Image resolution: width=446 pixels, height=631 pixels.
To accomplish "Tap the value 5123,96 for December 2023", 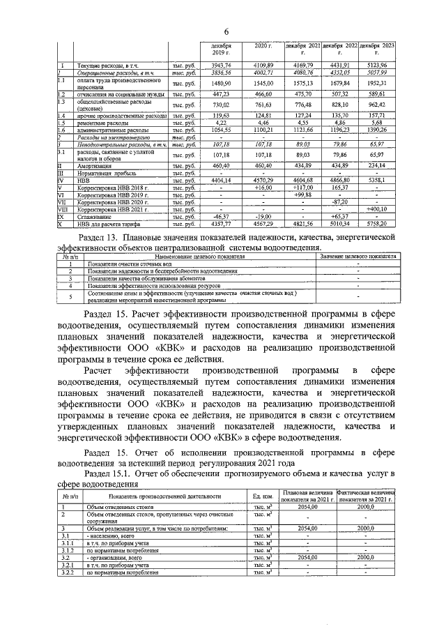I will tap(378, 65).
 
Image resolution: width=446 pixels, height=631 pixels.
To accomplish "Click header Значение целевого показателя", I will tap(358, 257).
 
